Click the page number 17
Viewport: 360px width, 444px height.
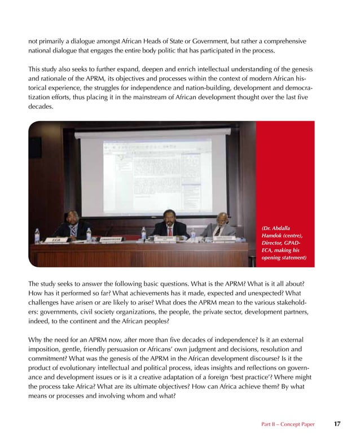336,424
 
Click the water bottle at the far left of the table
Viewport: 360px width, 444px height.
38,235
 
